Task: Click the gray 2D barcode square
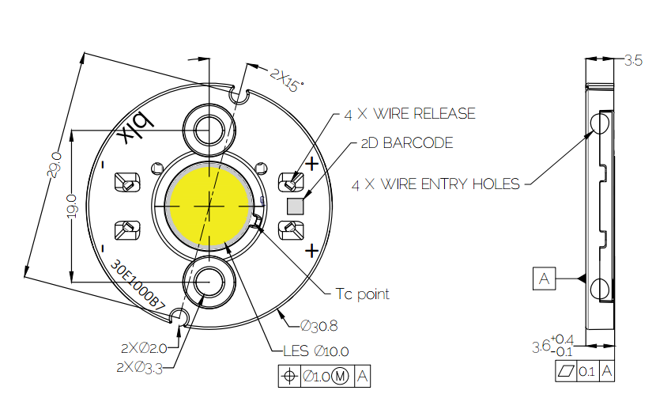(296, 207)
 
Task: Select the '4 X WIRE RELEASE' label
(409, 114)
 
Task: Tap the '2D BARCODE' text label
(406, 143)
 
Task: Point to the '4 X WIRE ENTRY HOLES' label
(435, 184)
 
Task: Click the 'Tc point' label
(363, 294)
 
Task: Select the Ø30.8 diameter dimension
(320, 326)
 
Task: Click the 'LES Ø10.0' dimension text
(315, 351)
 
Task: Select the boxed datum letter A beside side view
(544, 279)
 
